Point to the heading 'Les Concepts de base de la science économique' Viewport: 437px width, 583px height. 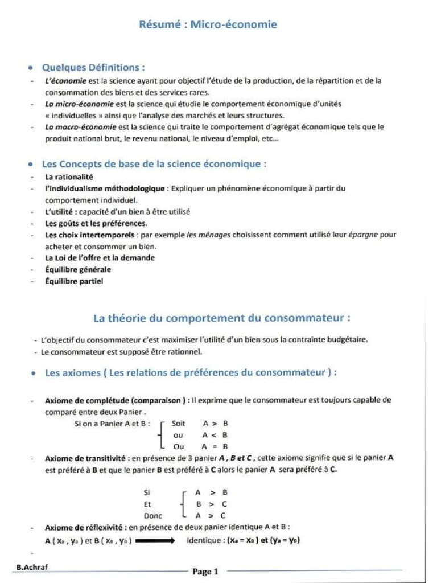tap(154, 164)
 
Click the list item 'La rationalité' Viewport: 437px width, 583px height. tap(69, 177)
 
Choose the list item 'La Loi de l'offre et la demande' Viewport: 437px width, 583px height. tap(100, 258)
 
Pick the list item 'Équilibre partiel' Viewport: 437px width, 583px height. tap(74, 281)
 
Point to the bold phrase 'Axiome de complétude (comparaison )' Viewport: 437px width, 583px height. tap(118, 400)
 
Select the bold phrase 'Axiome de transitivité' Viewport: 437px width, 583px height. tap(85, 458)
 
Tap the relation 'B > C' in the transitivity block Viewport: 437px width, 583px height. tap(212, 504)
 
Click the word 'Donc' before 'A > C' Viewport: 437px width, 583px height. tap(153, 516)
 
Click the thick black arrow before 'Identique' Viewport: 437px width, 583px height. tap(155, 541)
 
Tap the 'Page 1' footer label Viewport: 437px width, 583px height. tap(205, 572)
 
